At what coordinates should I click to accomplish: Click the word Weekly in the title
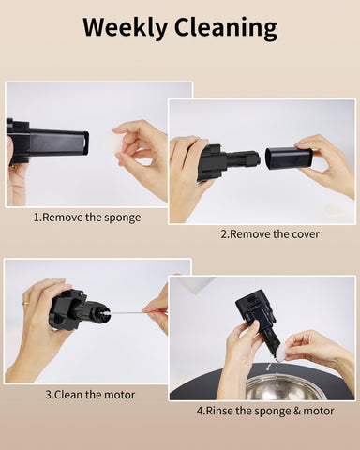tap(126, 27)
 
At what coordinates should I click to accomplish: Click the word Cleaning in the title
tap(226, 28)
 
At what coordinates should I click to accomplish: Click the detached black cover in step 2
tap(289, 158)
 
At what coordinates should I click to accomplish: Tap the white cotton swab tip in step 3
tap(106, 313)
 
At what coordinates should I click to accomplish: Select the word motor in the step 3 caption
tap(119, 395)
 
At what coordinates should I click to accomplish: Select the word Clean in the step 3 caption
tap(69, 395)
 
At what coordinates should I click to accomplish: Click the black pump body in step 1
tap(48, 142)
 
